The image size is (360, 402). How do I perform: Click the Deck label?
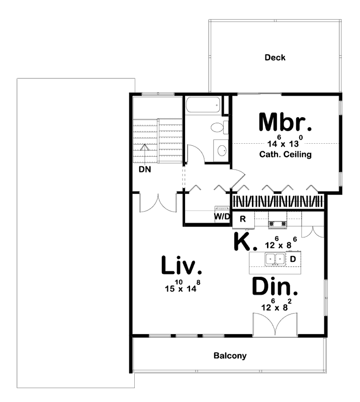(275, 58)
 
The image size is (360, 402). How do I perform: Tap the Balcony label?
(230, 356)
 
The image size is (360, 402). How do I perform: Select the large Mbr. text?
(286, 123)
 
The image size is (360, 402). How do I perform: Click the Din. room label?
(275, 288)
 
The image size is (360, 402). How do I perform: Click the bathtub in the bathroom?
(203, 106)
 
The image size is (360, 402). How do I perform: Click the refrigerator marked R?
(242, 219)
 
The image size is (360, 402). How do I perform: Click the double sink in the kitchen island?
(275, 259)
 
